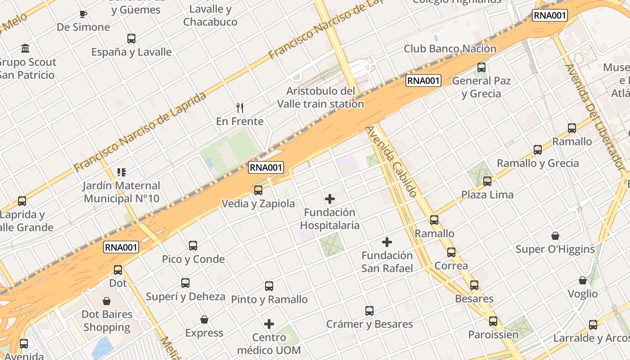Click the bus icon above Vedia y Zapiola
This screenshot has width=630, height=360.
258,190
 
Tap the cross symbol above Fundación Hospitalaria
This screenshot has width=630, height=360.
330,198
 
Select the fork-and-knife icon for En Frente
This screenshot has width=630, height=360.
240,108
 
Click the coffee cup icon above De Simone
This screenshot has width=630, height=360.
83,14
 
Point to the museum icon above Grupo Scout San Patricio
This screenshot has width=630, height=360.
25,48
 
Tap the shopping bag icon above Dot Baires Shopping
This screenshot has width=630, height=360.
107,301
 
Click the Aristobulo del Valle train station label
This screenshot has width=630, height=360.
320,97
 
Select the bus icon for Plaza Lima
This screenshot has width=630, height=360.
487,181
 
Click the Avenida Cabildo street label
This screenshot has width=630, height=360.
391,161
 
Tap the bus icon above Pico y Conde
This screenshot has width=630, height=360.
193,245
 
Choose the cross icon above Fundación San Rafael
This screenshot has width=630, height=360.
387,242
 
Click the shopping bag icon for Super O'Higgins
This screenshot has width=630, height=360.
555,236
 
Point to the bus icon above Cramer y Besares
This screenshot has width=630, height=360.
369,310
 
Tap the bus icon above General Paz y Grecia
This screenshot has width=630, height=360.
481,67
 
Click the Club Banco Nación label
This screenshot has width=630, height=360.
450,49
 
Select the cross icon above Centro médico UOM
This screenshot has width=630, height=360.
269,324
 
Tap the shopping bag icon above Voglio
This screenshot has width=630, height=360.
583,280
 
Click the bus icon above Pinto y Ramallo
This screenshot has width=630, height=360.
269,286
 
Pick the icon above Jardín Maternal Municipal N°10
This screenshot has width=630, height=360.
121,172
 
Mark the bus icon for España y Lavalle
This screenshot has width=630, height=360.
131,38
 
